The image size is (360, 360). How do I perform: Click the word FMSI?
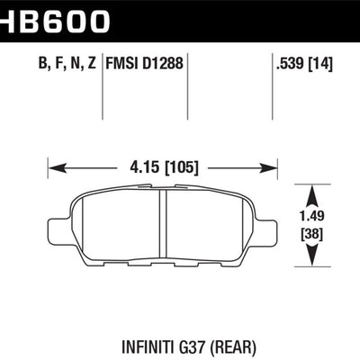[123, 64]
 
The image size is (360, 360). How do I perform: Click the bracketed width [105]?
[181, 166]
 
